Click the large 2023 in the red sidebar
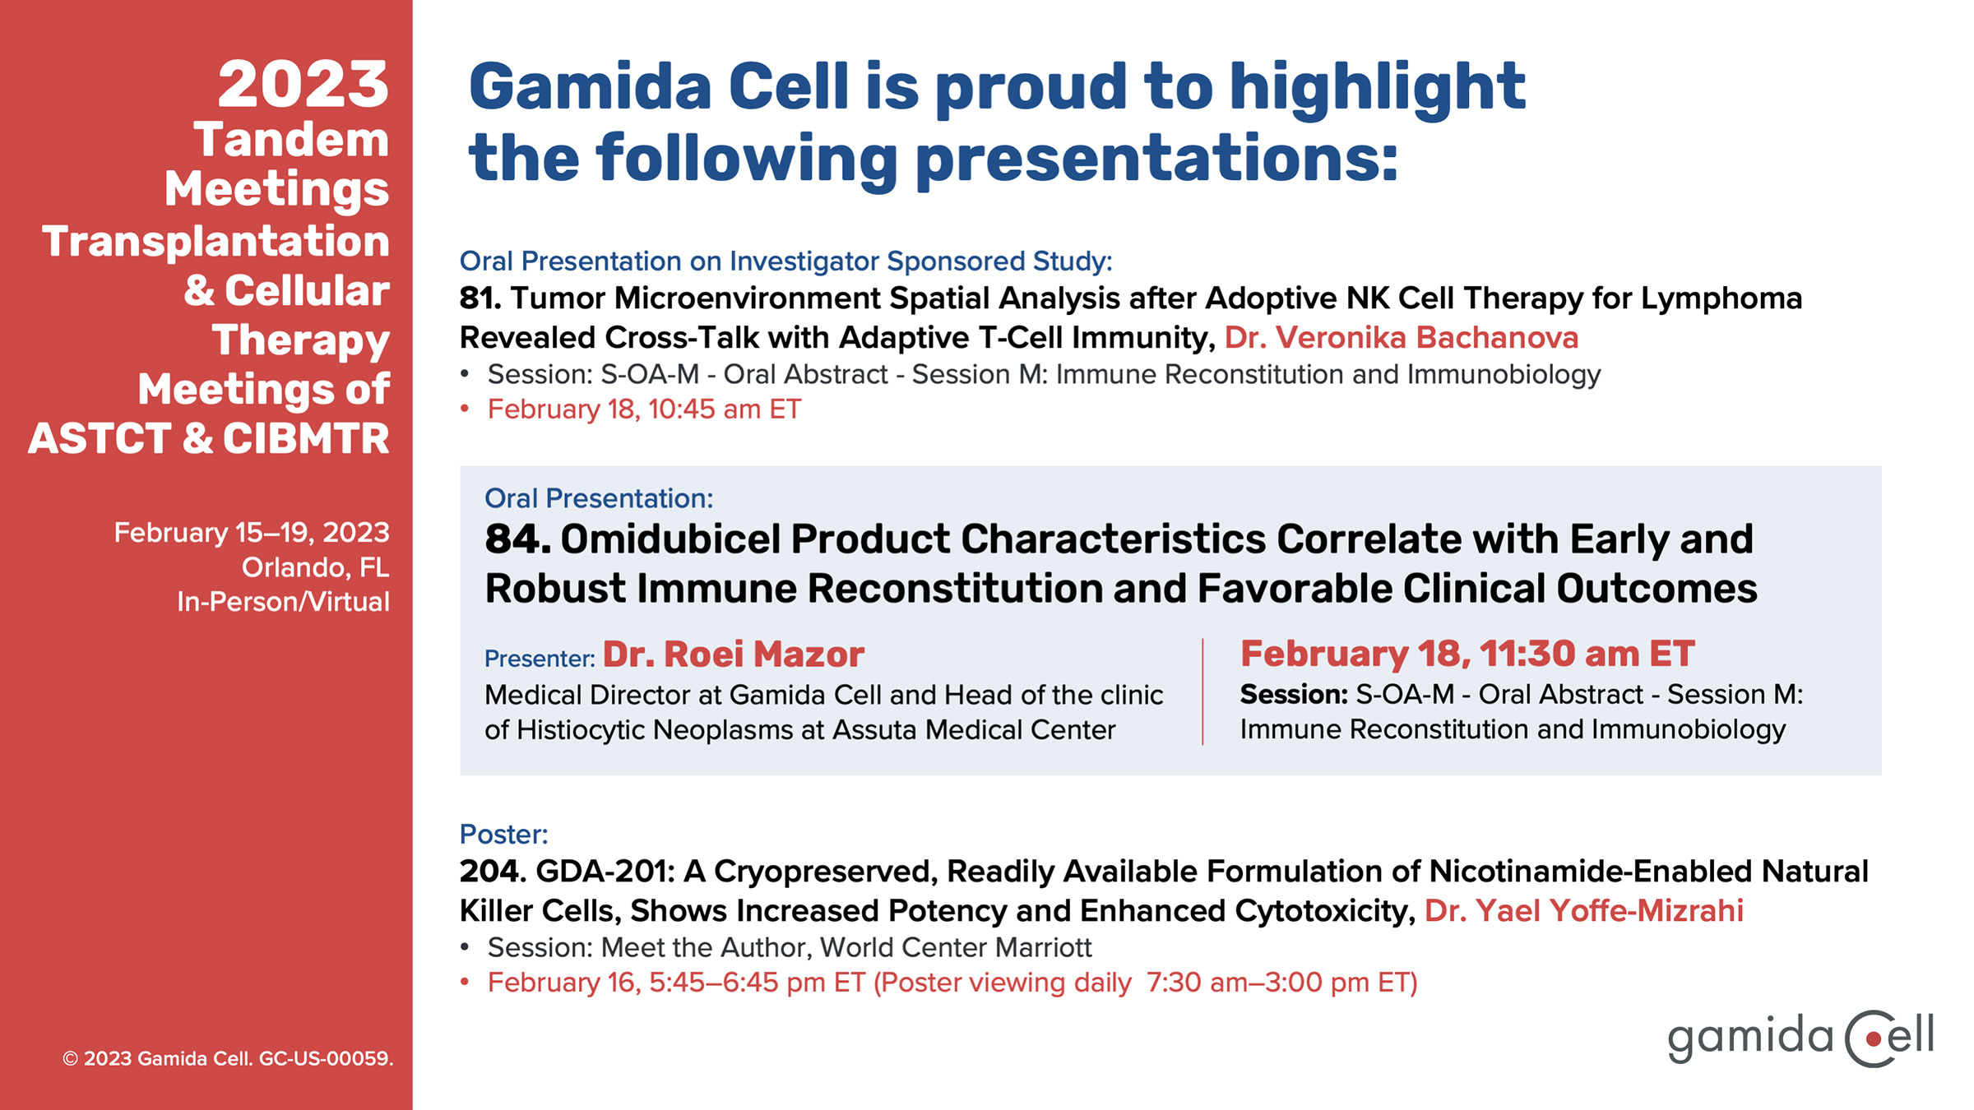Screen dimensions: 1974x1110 pos(304,85)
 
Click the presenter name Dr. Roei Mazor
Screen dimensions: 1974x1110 pos(734,654)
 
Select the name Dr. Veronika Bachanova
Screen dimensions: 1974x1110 pos(1402,338)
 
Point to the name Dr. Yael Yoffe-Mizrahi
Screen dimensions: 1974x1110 pos(1584,911)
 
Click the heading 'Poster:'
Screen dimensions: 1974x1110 pos(503,835)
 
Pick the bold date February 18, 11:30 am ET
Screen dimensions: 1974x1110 pos(1467,654)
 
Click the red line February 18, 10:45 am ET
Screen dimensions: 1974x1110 pos(644,409)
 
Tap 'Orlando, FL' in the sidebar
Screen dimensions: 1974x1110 pos(316,567)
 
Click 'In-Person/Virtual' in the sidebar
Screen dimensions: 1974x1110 pos(283,602)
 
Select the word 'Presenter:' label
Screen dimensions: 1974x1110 pos(540,659)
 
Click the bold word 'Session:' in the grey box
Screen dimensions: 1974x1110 pos(1294,695)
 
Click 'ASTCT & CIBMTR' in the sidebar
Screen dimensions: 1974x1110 pos(209,438)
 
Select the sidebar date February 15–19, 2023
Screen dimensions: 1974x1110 pos(252,533)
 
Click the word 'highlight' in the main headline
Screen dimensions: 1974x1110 pos(1377,88)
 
